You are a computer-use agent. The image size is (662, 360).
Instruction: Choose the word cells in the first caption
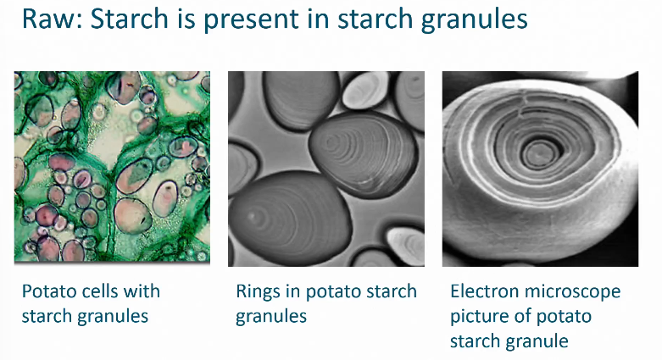(106, 291)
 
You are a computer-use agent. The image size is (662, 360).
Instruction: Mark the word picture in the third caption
(481, 317)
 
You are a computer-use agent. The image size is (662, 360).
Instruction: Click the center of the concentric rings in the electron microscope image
(536, 154)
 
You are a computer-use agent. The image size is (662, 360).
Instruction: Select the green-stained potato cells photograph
(112, 168)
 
